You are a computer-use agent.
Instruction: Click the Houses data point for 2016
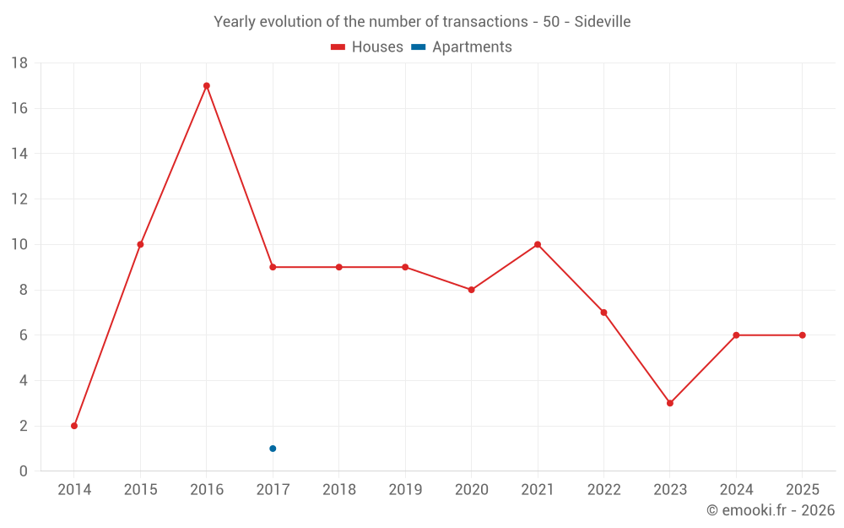(206, 85)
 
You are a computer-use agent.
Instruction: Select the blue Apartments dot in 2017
(273, 449)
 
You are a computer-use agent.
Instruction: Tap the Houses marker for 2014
(74, 426)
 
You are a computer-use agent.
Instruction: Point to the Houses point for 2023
(670, 403)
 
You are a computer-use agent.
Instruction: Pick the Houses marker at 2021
(538, 244)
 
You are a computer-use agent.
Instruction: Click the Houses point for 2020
(471, 290)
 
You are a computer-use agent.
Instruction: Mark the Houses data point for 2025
(803, 335)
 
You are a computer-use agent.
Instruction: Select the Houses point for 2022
(603, 313)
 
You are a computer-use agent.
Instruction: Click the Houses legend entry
(367, 47)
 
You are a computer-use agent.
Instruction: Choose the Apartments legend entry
(462, 47)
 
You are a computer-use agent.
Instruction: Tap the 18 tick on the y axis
(19, 63)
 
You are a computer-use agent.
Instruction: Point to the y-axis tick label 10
(19, 245)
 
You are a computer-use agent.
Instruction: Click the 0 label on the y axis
(24, 471)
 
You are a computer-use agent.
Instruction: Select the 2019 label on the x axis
(405, 490)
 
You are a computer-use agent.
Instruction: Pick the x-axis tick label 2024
(736, 490)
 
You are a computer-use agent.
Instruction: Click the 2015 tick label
(140, 490)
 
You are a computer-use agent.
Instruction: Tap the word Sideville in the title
(603, 22)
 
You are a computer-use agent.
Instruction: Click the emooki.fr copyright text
(771, 510)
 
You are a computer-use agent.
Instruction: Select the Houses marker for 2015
(140, 244)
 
